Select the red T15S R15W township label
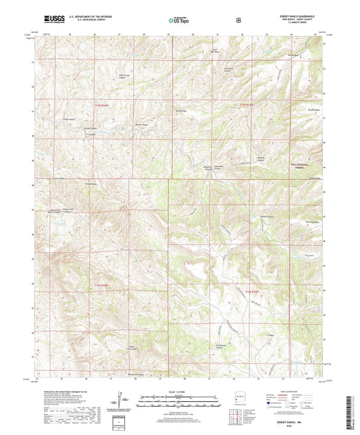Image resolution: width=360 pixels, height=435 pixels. coord(243,105)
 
